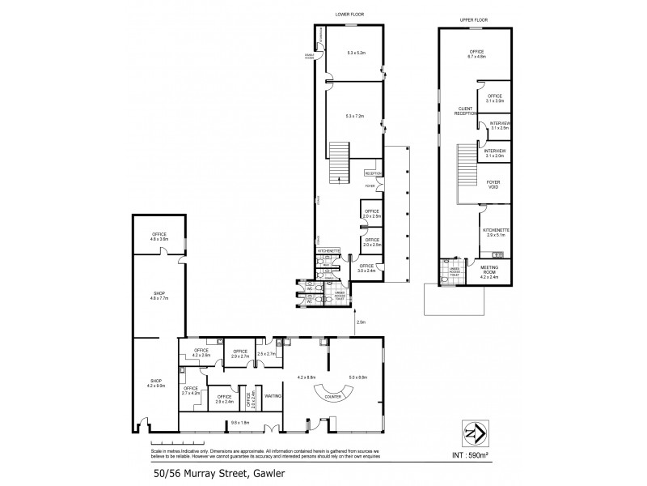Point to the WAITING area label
pyautogui.click(x=273, y=396)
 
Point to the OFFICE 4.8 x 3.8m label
pyautogui.click(x=159, y=237)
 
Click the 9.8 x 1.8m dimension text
pyautogui.click(x=240, y=422)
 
